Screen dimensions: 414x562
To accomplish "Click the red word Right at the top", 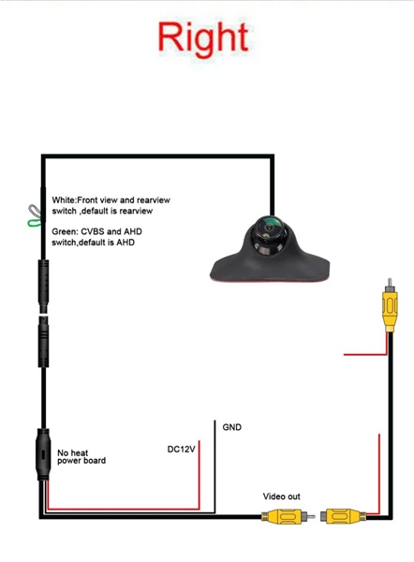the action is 203,39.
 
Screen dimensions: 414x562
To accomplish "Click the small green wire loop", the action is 34,223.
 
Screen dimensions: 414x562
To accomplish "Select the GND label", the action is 232,427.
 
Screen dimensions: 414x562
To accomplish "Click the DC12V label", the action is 182,449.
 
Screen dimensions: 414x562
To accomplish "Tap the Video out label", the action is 281,496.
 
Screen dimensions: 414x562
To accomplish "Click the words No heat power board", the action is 81,457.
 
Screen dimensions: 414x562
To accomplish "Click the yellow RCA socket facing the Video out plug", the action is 344,516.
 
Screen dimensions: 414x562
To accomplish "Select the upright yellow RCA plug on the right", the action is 390,305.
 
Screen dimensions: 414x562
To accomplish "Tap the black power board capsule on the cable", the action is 43,454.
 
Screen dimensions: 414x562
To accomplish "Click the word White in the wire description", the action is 64,200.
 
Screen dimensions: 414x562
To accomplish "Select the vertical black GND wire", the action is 214,466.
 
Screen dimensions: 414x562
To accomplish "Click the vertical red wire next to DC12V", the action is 199,475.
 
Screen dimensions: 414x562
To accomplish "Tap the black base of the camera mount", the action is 270,268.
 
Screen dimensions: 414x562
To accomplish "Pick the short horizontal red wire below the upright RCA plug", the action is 365,354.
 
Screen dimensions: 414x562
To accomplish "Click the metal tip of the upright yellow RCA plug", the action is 390,282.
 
